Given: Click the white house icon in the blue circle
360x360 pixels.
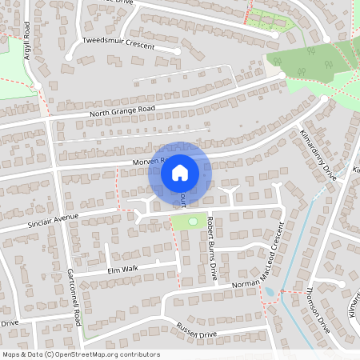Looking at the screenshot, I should coord(180,171).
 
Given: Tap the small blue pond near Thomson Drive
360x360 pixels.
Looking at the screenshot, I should coord(268,292).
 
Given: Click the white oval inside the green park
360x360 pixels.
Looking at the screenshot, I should coord(192,221).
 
